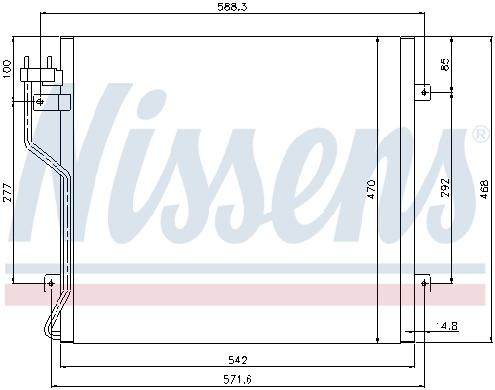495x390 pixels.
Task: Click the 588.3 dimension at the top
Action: [231, 8]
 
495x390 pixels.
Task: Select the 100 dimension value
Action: [7, 68]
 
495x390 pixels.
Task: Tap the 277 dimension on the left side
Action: [7, 191]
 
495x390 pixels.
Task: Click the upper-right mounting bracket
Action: [424, 93]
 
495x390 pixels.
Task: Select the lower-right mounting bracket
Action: [424, 284]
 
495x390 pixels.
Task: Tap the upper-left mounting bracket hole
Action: [40, 100]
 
